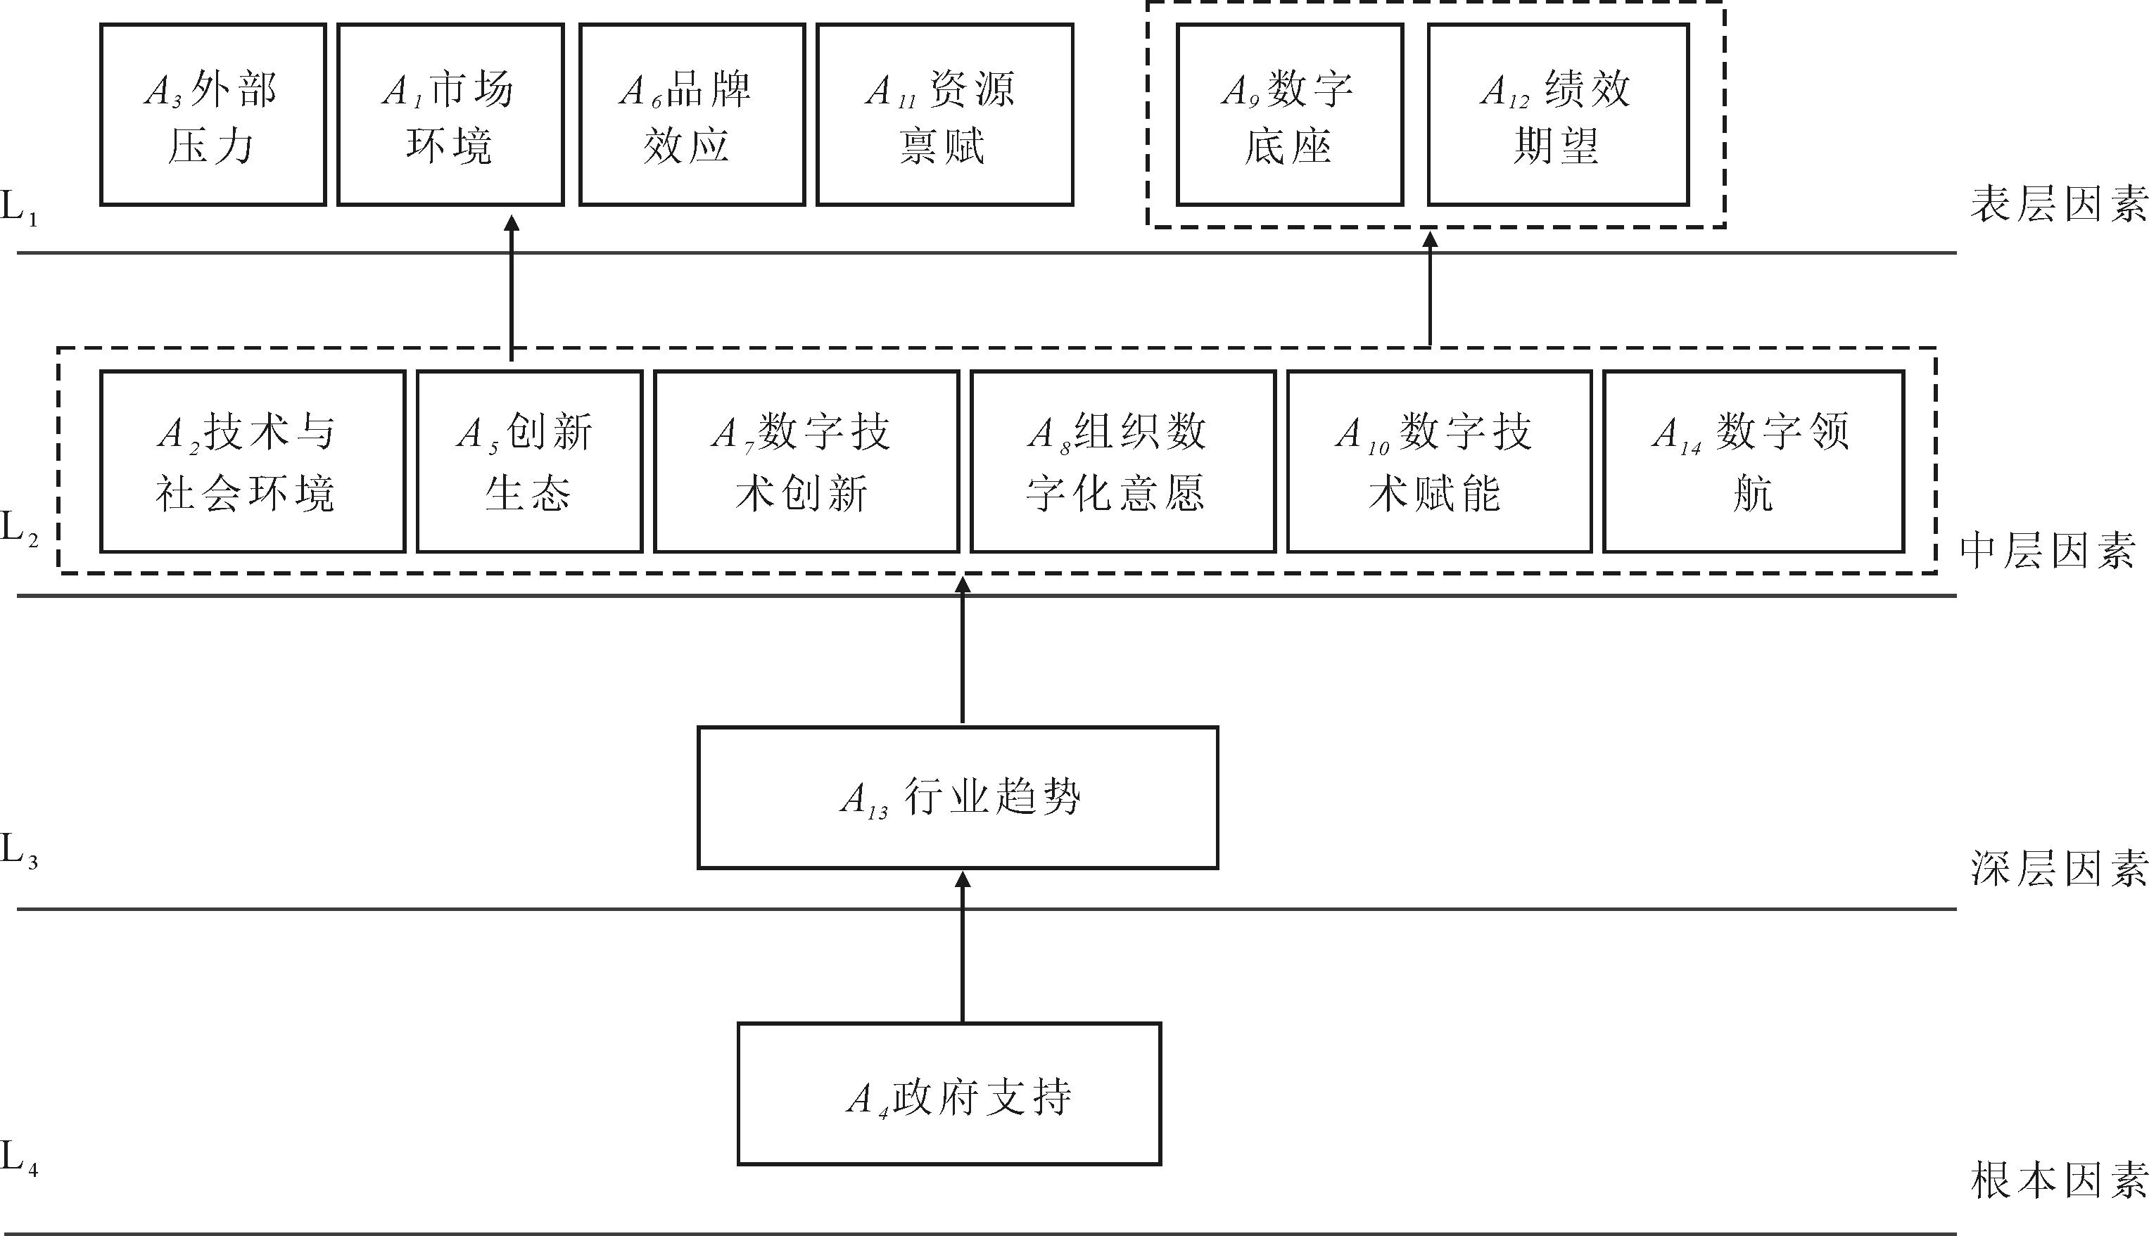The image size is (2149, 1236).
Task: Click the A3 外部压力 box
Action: click(x=213, y=115)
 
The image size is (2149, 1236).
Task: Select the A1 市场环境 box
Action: click(x=450, y=115)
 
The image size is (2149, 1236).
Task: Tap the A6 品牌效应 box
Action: click(x=691, y=115)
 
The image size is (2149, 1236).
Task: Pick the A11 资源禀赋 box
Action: click(x=944, y=115)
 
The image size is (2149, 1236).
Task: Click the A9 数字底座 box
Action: click(x=1289, y=115)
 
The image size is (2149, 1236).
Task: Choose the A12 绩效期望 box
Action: click(x=1557, y=115)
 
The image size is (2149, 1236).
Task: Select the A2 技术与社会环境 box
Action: click(x=252, y=461)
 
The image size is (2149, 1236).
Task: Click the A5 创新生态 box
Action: click(x=528, y=461)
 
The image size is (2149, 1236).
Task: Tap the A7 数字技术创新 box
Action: click(x=806, y=461)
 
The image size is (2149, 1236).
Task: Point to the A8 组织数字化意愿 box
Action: click(x=1122, y=461)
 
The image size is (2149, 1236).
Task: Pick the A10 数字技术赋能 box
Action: click(x=1438, y=461)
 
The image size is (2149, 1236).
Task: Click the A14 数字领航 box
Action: click(x=1753, y=461)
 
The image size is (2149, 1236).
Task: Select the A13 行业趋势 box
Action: click(x=957, y=797)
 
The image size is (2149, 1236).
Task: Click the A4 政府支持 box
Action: click(x=949, y=1093)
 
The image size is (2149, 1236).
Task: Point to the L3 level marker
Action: click(x=19, y=850)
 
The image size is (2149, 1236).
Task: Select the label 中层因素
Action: click(x=2046, y=551)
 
